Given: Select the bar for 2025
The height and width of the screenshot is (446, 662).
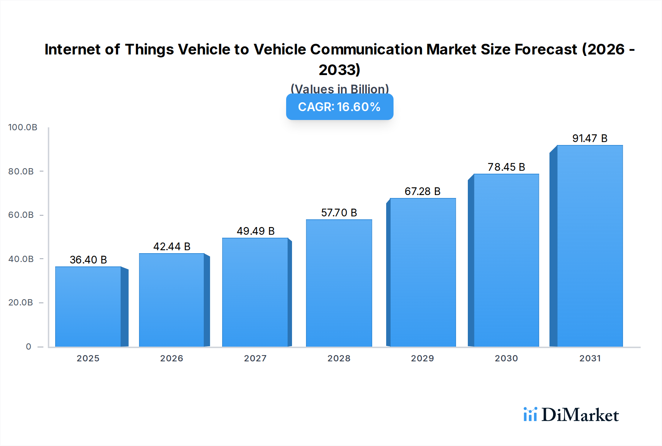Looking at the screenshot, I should pos(88,307).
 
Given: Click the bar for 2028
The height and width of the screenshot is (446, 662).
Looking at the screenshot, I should pos(339,283).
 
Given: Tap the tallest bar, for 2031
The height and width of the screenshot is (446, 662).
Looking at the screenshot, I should pos(590,246).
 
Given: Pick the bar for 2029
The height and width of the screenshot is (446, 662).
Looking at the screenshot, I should pos(423,272).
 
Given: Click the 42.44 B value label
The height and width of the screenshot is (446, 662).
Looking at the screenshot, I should pos(172,247).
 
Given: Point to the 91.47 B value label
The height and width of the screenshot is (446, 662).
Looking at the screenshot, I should pos(590,138).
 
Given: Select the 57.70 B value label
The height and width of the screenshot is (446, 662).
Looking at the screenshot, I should pos(339,213).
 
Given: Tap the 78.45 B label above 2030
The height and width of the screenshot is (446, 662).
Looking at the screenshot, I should pos(506,167).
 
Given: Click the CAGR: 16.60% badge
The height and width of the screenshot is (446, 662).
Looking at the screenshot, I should pos(339,107).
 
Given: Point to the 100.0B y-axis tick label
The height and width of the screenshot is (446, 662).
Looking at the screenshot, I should pos(23,127).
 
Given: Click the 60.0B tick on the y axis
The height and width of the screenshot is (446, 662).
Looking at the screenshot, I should pos(21,215).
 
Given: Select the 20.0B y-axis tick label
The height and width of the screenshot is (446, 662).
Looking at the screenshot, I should pos(21,302).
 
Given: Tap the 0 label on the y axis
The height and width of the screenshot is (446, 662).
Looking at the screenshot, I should pos(28,347).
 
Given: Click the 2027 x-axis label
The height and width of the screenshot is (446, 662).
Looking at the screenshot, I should pos(255,358).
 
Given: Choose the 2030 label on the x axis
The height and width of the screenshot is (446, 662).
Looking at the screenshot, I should pos(506,358).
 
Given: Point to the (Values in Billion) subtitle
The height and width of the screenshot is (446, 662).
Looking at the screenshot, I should pos(339,89).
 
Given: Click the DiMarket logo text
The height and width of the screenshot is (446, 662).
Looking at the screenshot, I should pos(580,415).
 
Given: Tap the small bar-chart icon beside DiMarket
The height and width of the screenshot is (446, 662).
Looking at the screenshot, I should pos(530,414).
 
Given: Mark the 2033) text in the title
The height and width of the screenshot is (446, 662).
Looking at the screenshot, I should pos(339,70).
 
